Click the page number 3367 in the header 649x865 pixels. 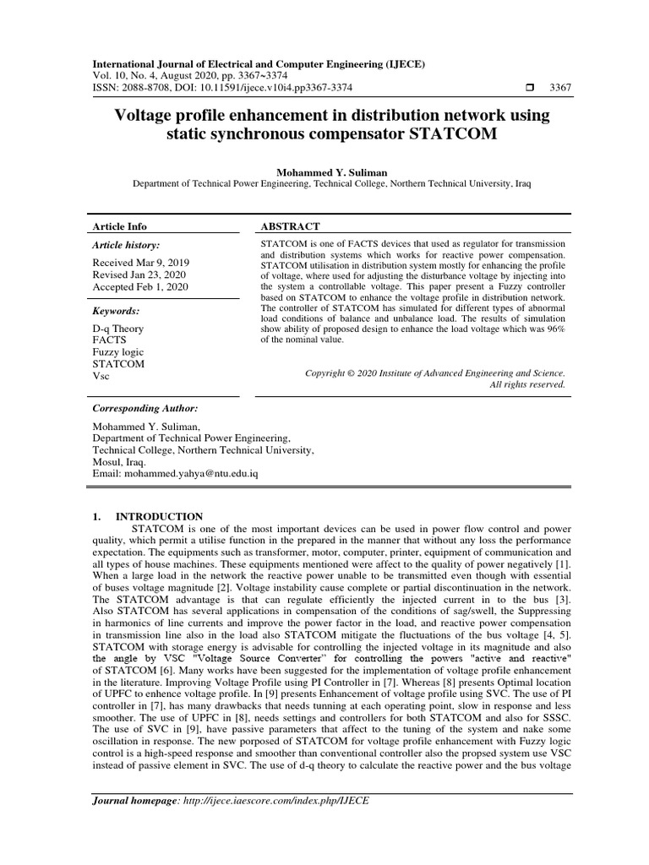coord(560,88)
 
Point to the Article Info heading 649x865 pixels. coord(119,226)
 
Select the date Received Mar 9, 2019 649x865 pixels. coord(141,263)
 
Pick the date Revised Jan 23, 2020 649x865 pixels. coord(139,275)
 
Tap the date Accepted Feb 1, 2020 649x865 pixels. coord(140,287)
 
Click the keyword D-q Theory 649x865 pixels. coord(117,329)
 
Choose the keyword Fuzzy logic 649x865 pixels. coord(118,352)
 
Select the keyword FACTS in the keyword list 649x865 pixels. coord(109,340)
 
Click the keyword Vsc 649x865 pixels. coord(101,376)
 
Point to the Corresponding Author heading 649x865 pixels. coord(145,407)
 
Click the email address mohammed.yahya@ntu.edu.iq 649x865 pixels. coord(196,475)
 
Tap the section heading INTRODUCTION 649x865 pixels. coord(159,516)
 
